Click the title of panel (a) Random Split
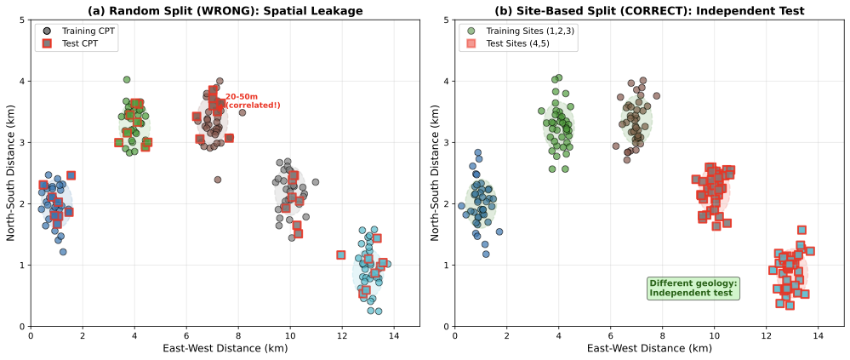pyautogui.click(x=225, y=10)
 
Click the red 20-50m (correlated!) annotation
pyautogui.click(x=253, y=101)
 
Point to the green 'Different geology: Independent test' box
pyautogui.click(x=693, y=288)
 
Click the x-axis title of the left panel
pyautogui.click(x=225, y=348)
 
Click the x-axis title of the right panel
pyautogui.click(x=649, y=348)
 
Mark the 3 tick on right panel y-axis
pyautogui.click(x=448, y=142)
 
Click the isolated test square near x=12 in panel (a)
pyautogui.click(x=341, y=254)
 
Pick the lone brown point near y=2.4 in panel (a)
pyautogui.click(x=218, y=180)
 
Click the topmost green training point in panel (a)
pyautogui.click(x=127, y=80)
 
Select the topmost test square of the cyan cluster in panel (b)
pyautogui.click(x=802, y=230)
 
